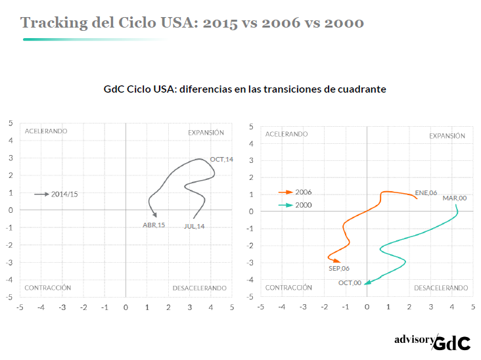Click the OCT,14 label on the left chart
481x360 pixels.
tap(221, 160)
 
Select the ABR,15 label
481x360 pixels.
tap(154, 225)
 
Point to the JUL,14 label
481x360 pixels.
tap(194, 227)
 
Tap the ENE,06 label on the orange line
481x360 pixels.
tap(426, 193)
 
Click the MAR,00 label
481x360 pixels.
tap(455, 198)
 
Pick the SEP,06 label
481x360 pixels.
tap(339, 268)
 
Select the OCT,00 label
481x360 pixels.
tap(350, 283)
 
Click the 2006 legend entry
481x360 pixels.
tap(304, 192)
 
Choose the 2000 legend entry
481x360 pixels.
tap(304, 205)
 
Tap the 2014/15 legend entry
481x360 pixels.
tap(64, 194)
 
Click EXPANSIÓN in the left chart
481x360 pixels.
tap(206, 132)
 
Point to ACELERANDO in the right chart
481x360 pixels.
tap(286, 134)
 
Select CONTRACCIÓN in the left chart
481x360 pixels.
tap(47, 288)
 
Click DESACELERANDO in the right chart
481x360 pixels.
tap(441, 288)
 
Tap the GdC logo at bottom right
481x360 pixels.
tap(453, 342)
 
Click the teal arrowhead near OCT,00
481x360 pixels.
tap(368, 282)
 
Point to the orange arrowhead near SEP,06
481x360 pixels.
tap(337, 261)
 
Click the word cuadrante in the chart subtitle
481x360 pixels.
tap(361, 89)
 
